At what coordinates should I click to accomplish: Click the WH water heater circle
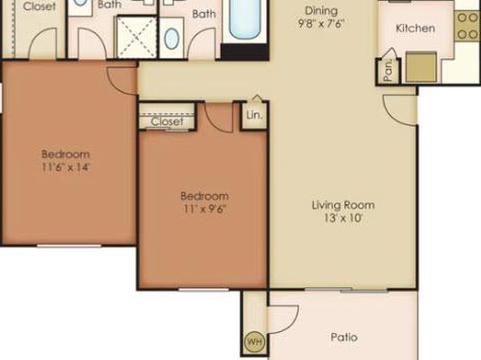(255, 341)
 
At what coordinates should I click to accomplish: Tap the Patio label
(344, 337)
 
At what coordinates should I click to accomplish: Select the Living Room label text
(343, 205)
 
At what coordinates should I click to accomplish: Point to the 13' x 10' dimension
(343, 218)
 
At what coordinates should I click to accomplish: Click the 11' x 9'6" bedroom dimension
(205, 209)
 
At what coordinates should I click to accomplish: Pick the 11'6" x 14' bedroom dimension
(65, 167)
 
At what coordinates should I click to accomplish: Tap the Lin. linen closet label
(254, 115)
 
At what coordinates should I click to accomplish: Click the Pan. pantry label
(388, 69)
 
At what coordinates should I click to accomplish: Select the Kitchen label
(416, 28)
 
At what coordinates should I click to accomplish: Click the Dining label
(321, 10)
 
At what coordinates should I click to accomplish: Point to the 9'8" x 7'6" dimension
(321, 23)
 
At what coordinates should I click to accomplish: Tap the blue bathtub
(245, 19)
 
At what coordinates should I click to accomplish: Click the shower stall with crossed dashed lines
(137, 36)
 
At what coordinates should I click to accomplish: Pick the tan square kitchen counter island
(421, 67)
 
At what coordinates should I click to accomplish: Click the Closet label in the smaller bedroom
(167, 122)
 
